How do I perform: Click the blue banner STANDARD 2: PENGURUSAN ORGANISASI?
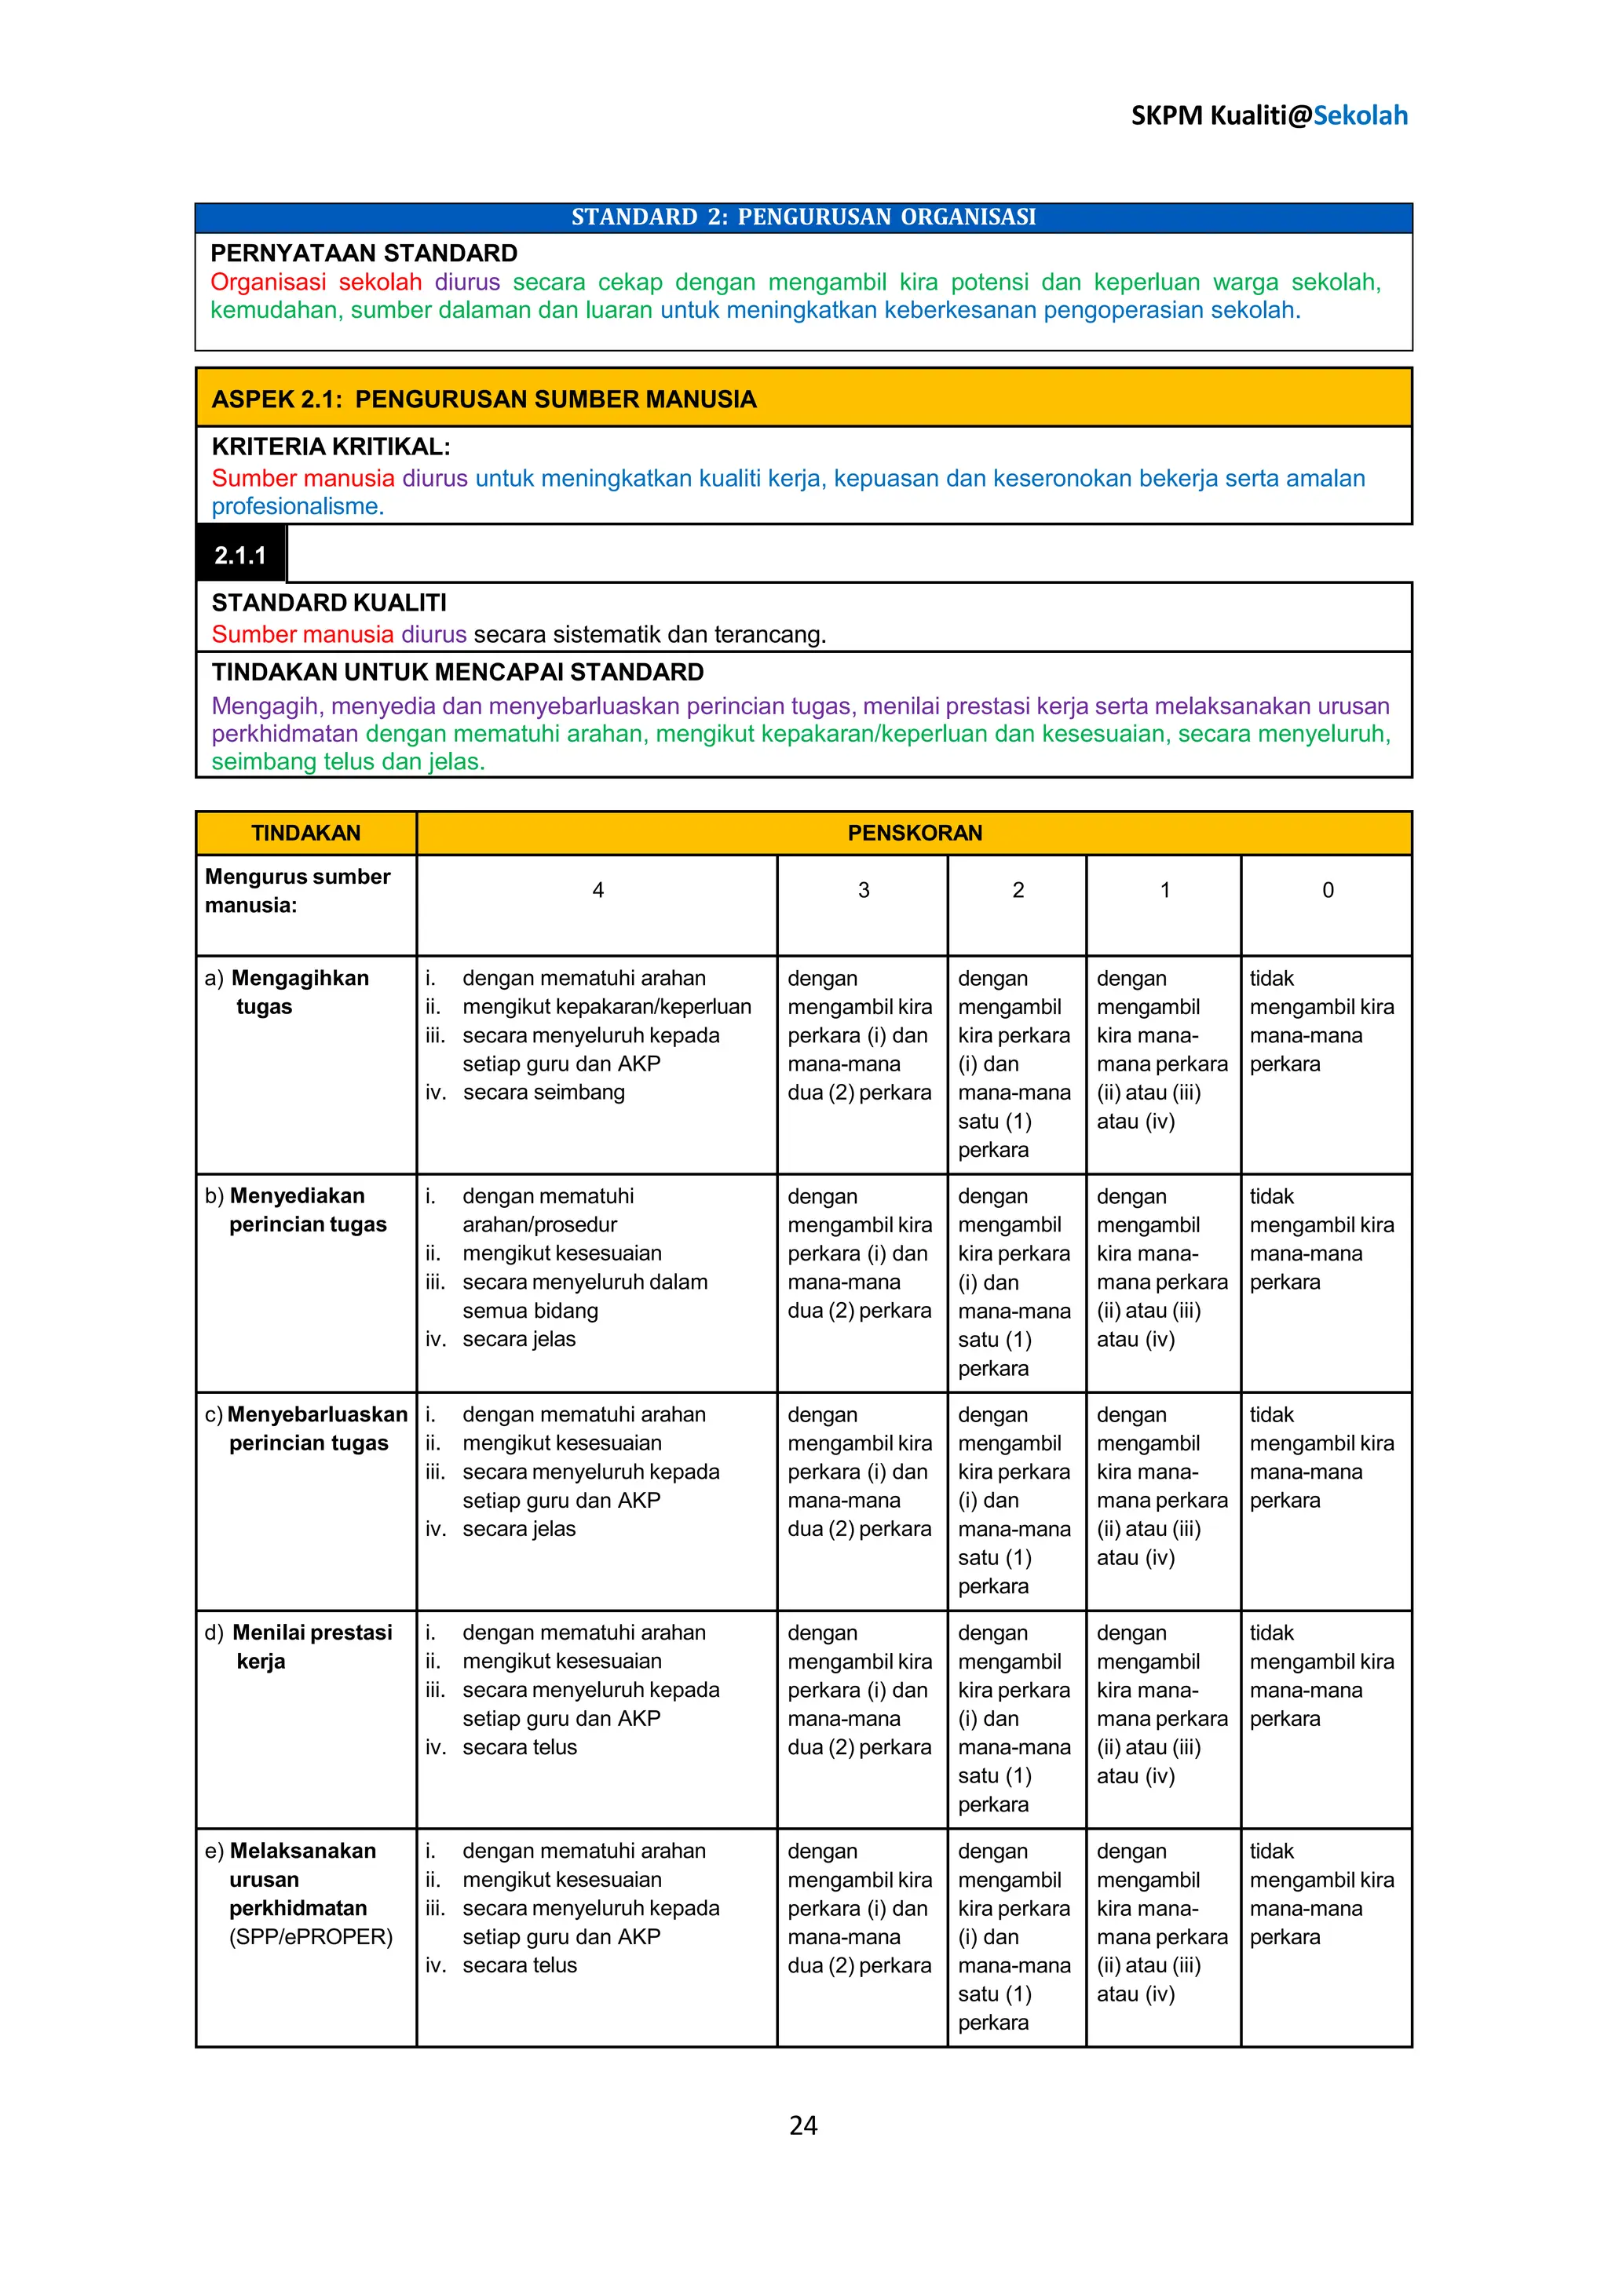pos(803,217)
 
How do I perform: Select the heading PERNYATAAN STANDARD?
pos(364,253)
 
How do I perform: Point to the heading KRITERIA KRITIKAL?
pos(331,447)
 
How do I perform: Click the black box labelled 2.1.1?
pos(240,556)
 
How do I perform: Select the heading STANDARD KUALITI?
pos(329,603)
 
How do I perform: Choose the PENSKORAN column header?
pos(914,833)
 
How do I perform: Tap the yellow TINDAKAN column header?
pos(306,833)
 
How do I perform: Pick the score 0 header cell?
pos(1327,890)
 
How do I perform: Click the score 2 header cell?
pos(1017,890)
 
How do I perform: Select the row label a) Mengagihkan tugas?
pos(287,992)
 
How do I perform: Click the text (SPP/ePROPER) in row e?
pos(311,1936)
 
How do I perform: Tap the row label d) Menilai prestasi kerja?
pos(298,1647)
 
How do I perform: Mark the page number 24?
pos(803,2125)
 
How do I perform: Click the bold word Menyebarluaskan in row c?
pos(317,1414)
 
